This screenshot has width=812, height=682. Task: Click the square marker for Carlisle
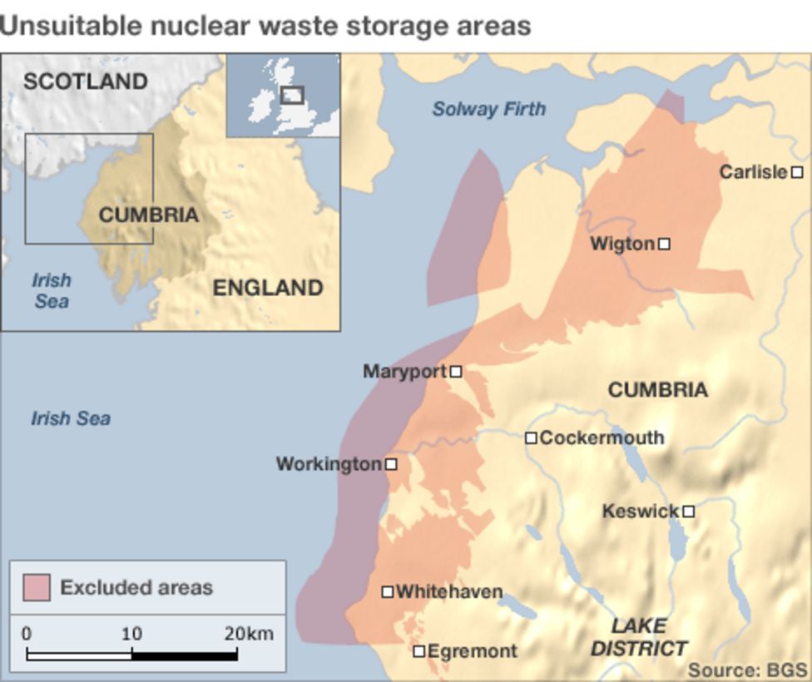pos(797,172)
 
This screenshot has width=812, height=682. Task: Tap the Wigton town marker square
pos(664,244)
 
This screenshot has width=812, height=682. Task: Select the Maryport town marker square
pos(456,372)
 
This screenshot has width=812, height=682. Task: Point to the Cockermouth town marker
pos(531,437)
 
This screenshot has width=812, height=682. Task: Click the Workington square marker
pos(391,464)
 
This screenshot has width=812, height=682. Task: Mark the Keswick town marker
pos(689,511)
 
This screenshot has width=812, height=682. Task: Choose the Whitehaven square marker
pos(388,592)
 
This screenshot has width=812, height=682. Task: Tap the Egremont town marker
pos(420,651)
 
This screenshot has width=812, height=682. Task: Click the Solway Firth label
pos(489,109)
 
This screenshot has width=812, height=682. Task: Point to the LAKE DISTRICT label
pos(639,637)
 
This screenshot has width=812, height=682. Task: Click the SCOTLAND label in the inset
pos(85,82)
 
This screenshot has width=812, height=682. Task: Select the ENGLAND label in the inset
pos(268,288)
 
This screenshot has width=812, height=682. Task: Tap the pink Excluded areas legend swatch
pos(37,587)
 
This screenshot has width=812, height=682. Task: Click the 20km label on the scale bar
pos(248,634)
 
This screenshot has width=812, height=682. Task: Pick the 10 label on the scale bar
pos(131,634)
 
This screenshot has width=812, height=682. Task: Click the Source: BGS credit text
pos(747,670)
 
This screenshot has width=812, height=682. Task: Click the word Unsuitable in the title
pos(71,26)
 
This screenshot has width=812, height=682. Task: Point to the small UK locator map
pos(283,96)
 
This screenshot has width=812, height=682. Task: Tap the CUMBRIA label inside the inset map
pos(149,215)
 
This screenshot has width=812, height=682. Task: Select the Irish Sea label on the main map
pos(71,418)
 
